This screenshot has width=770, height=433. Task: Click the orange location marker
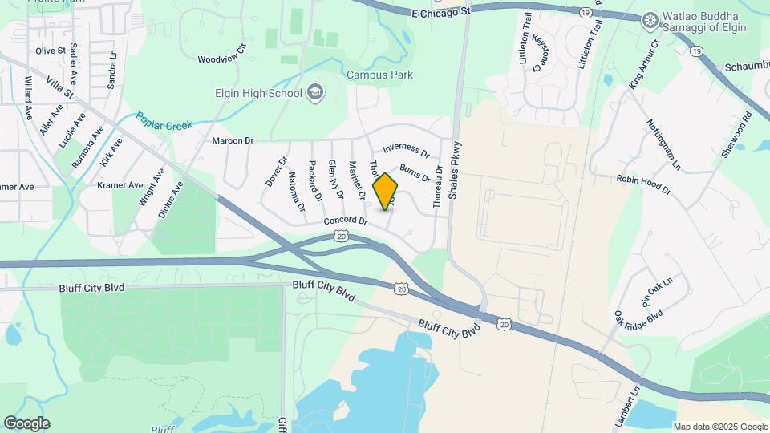tap(386, 191)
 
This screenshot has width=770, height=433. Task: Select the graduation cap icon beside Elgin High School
tap(315, 93)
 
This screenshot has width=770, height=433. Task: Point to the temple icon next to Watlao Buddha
tap(650, 18)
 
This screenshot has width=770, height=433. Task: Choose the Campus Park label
tap(379, 75)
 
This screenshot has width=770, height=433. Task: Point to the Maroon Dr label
tap(233, 140)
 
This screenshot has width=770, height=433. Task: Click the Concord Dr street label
tap(345, 221)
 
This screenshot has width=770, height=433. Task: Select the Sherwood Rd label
tap(736, 135)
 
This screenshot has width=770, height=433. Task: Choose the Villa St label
tap(59, 88)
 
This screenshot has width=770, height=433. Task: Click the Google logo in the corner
tap(26, 423)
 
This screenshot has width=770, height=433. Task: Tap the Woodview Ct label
tap(222, 59)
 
